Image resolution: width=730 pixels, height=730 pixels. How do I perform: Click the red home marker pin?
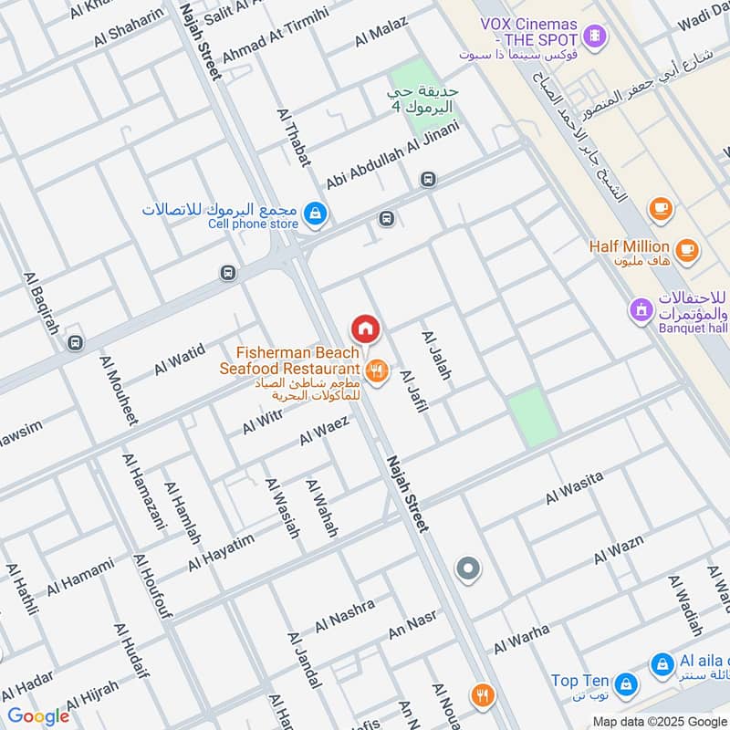point(365,328)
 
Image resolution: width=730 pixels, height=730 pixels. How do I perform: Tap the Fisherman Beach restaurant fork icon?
point(376,371)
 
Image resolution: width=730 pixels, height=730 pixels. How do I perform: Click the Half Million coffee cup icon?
point(685,247)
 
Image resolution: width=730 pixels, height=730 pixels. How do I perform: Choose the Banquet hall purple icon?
point(641,311)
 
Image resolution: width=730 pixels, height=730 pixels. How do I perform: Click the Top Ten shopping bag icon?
point(626,683)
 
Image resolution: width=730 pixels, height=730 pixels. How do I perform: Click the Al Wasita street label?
point(574,489)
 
